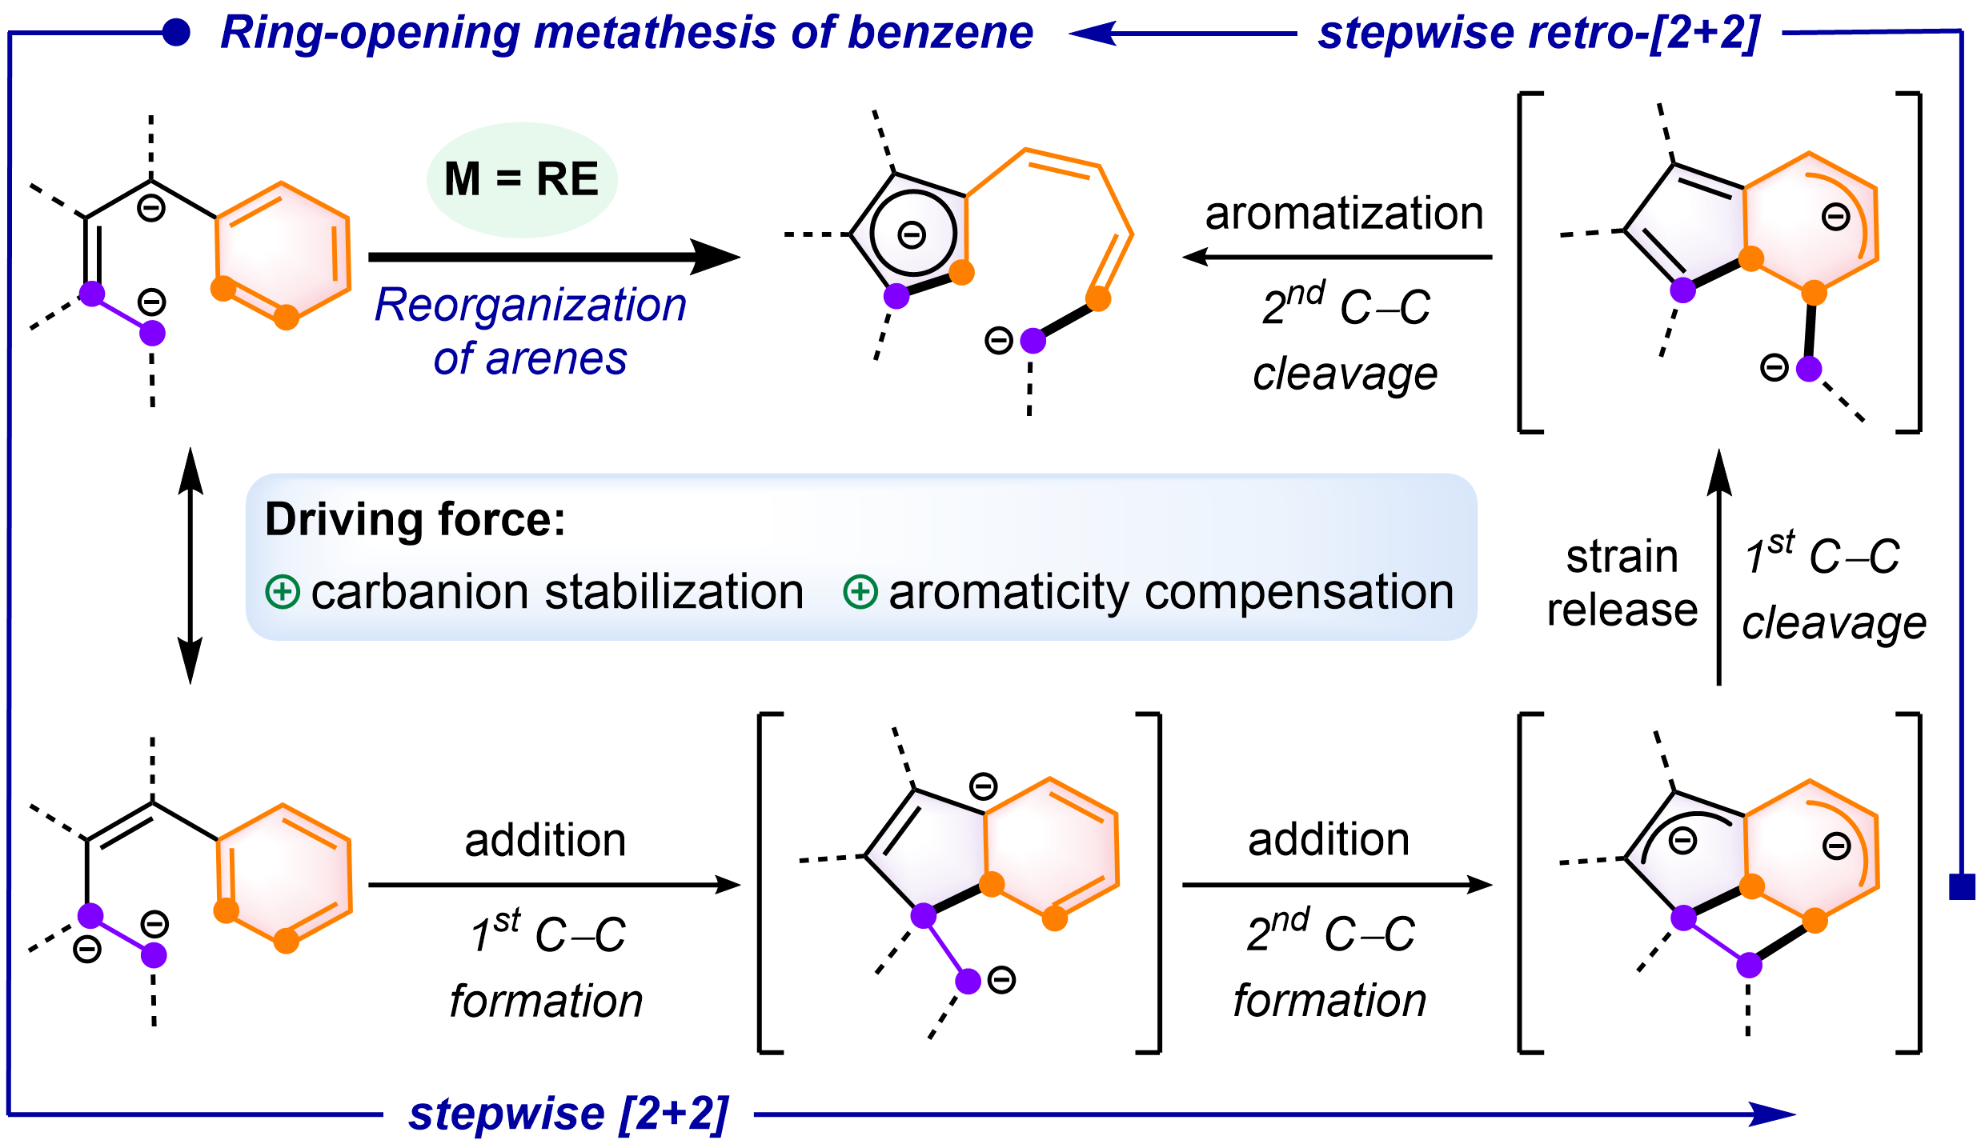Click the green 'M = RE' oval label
522,179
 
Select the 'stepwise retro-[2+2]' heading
1538,34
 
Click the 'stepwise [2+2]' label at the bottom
568,1114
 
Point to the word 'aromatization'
1344,214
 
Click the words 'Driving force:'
415,520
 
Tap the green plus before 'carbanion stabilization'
283,593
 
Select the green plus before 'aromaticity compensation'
860,593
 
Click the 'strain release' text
1622,582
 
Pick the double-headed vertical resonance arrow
190,566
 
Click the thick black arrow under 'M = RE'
552,257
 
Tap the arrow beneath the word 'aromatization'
1337,257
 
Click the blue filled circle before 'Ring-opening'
176,33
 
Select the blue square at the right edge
1962,886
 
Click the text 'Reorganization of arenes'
531,331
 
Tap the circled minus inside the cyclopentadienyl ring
912,234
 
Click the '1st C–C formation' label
547,966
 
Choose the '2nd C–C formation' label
1330,966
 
